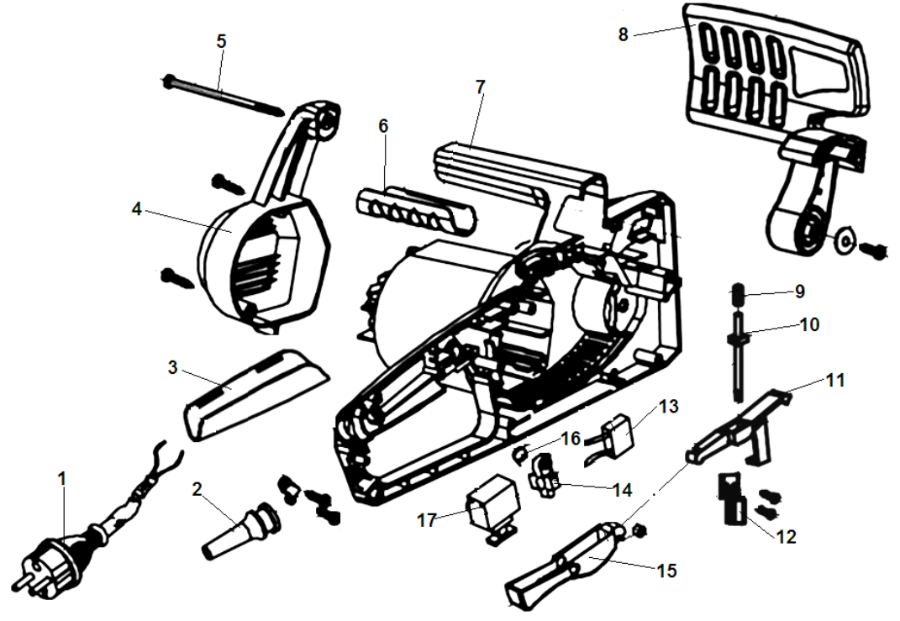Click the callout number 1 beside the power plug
click(x=61, y=478)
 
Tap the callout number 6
click(x=383, y=126)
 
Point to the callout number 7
click(x=479, y=87)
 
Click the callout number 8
click(x=623, y=35)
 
